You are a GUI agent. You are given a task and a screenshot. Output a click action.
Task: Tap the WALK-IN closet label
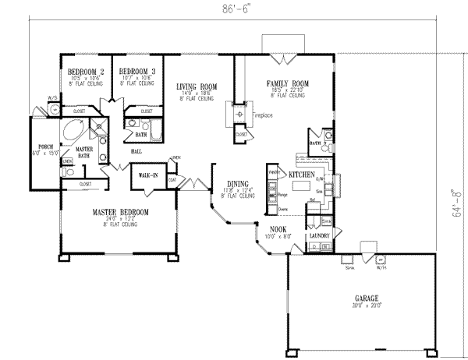(148, 175)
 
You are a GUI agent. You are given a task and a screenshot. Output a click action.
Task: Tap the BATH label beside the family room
(316, 144)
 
